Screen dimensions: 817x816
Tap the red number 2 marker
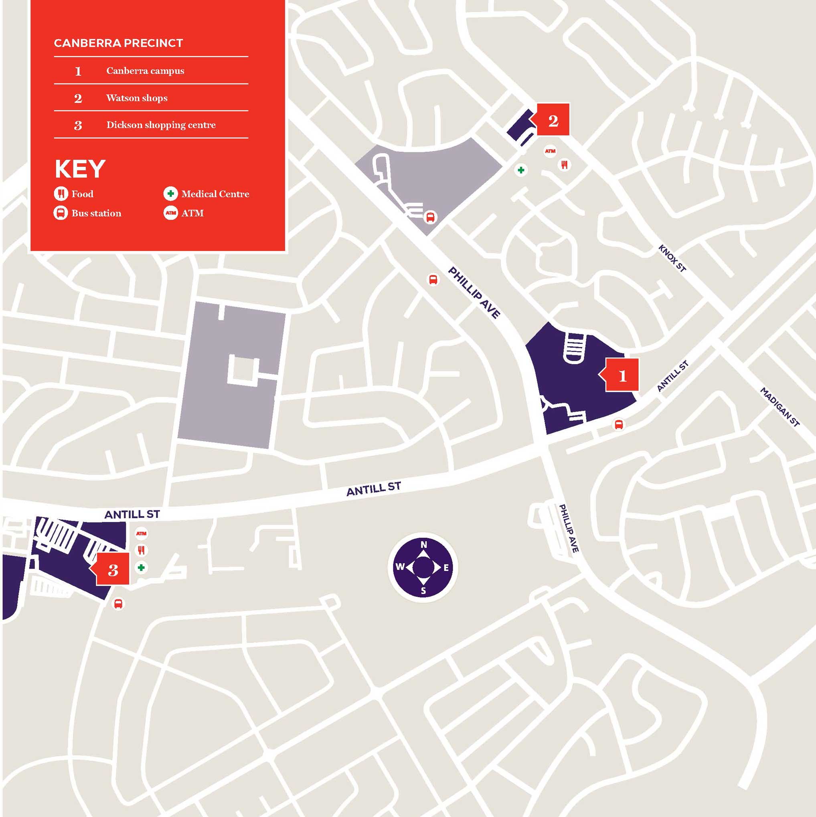tap(553, 120)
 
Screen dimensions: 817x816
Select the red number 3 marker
tap(113, 570)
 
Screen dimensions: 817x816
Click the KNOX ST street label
tap(672, 258)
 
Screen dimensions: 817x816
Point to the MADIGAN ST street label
tap(780, 407)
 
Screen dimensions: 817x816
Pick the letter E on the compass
tap(446, 568)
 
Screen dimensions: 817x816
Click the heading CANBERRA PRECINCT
tap(119, 43)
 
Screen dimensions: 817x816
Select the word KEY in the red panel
tap(80, 169)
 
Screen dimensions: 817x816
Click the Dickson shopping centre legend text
tap(161, 125)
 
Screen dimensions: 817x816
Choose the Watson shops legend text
tap(137, 98)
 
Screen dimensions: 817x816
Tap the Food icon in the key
tap(61, 194)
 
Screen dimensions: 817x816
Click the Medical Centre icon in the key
tap(170, 194)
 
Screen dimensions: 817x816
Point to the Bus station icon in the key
tap(61, 213)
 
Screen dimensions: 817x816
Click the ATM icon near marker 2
tap(550, 151)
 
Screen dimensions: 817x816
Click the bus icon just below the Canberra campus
tap(618, 424)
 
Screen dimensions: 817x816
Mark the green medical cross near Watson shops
tap(521, 170)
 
